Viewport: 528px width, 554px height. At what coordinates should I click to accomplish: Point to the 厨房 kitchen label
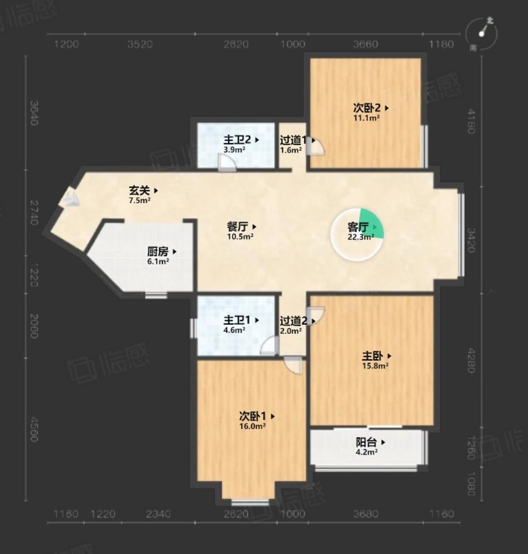tap(158, 251)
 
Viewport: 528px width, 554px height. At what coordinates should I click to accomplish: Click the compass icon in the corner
tap(481, 33)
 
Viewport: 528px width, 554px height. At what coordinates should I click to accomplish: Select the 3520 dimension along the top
tap(140, 44)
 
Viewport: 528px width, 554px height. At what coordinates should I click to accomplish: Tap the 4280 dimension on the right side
tap(470, 360)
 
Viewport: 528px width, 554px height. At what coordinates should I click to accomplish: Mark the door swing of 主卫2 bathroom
tap(227, 163)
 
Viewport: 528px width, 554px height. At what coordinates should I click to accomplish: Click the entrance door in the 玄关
tap(70, 197)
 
